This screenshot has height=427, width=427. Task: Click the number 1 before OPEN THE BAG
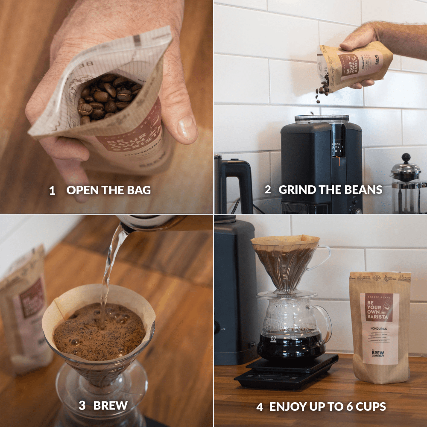[52, 190]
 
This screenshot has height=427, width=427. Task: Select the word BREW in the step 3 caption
[110, 405]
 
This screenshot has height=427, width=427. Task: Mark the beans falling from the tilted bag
[324, 88]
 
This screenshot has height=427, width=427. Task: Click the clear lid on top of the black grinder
[321, 119]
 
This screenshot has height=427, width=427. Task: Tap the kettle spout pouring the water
[126, 226]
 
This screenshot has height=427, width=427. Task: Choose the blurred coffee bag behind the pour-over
[23, 307]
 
